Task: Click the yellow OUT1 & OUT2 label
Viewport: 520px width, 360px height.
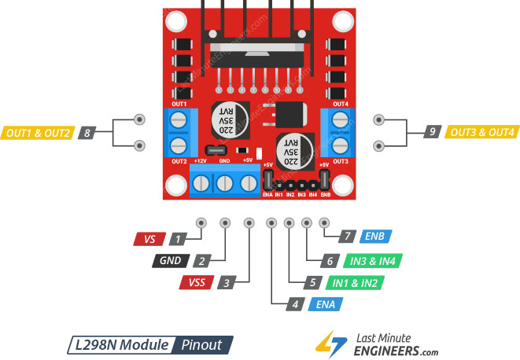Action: click(x=38, y=133)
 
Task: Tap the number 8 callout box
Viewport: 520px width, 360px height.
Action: click(x=86, y=133)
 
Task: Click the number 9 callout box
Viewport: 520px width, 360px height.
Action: click(x=432, y=132)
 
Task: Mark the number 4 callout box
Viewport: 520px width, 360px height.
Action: click(x=294, y=303)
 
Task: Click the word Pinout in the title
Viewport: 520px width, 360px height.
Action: click(x=202, y=344)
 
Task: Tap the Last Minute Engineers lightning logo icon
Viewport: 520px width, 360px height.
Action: click(x=329, y=341)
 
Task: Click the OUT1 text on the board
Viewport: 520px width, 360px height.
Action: click(x=179, y=105)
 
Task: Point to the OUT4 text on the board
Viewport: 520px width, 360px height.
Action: click(x=341, y=105)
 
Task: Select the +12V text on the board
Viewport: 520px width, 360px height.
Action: click(x=201, y=160)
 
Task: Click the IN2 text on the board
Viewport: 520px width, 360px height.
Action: click(x=290, y=193)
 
